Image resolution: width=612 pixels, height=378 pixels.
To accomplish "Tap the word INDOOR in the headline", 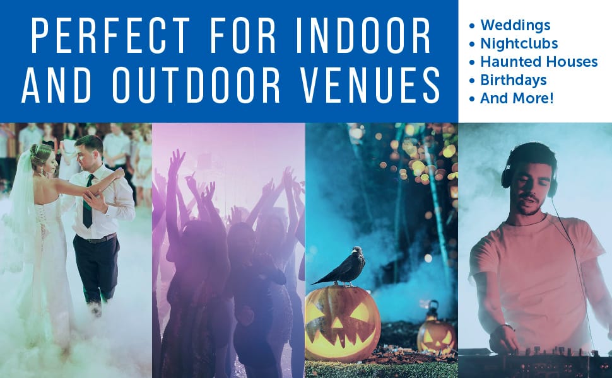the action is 363,35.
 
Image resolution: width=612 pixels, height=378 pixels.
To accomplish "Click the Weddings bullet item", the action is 515,25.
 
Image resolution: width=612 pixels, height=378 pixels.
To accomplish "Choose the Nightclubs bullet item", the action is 519,43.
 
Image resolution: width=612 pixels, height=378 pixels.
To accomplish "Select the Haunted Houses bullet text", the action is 539,62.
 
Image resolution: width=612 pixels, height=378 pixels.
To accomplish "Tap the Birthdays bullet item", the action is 513,80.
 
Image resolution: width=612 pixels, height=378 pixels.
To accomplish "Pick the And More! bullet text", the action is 517,98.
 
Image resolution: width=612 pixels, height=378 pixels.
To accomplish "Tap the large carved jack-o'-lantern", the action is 343,323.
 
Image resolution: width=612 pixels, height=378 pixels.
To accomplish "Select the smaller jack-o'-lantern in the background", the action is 436,336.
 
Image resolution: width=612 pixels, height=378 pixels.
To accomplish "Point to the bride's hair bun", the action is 36,149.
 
